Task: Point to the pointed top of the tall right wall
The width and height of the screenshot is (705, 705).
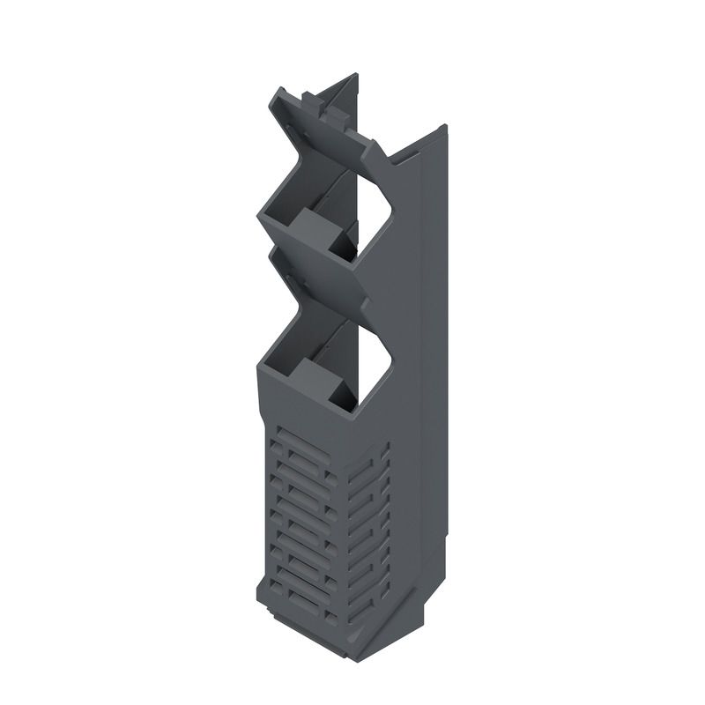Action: coord(442,127)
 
